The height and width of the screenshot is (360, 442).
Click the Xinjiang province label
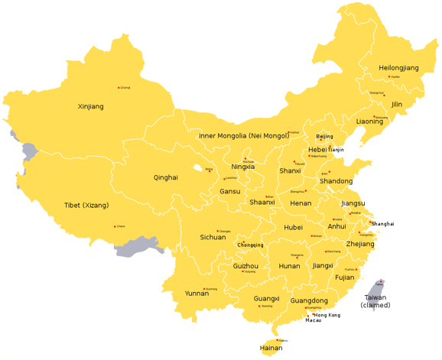tap(90, 106)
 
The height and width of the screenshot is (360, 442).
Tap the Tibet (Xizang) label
tap(86, 205)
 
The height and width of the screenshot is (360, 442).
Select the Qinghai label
tap(165, 177)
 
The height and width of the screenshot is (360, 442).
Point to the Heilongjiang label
tap(398, 68)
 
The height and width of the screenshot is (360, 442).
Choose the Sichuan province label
tap(213, 237)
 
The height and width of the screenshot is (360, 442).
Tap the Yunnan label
tap(197, 293)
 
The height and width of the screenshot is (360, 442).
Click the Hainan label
tap(271, 348)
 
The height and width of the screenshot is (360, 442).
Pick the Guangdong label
tap(309, 300)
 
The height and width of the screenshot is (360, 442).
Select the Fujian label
tap(345, 277)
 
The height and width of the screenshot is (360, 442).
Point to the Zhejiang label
tap(360, 244)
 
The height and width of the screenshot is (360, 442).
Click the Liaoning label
tap(369, 122)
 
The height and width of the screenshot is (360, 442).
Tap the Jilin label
tap(396, 104)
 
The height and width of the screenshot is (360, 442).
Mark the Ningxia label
tap(242, 167)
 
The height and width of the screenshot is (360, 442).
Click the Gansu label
tap(229, 191)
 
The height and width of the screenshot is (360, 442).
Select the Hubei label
tap(293, 227)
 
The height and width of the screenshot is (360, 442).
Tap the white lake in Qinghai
tap(199, 168)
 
